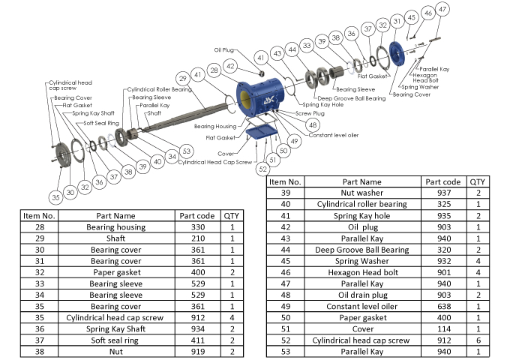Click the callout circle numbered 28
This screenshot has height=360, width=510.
click(x=214, y=70)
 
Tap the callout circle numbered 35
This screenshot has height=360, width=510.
click(x=55, y=197)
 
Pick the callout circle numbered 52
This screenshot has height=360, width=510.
click(x=262, y=169)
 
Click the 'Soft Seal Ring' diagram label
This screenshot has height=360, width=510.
click(x=101, y=122)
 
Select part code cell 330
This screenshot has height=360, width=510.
click(x=197, y=226)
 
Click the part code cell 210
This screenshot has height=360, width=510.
click(x=197, y=238)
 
